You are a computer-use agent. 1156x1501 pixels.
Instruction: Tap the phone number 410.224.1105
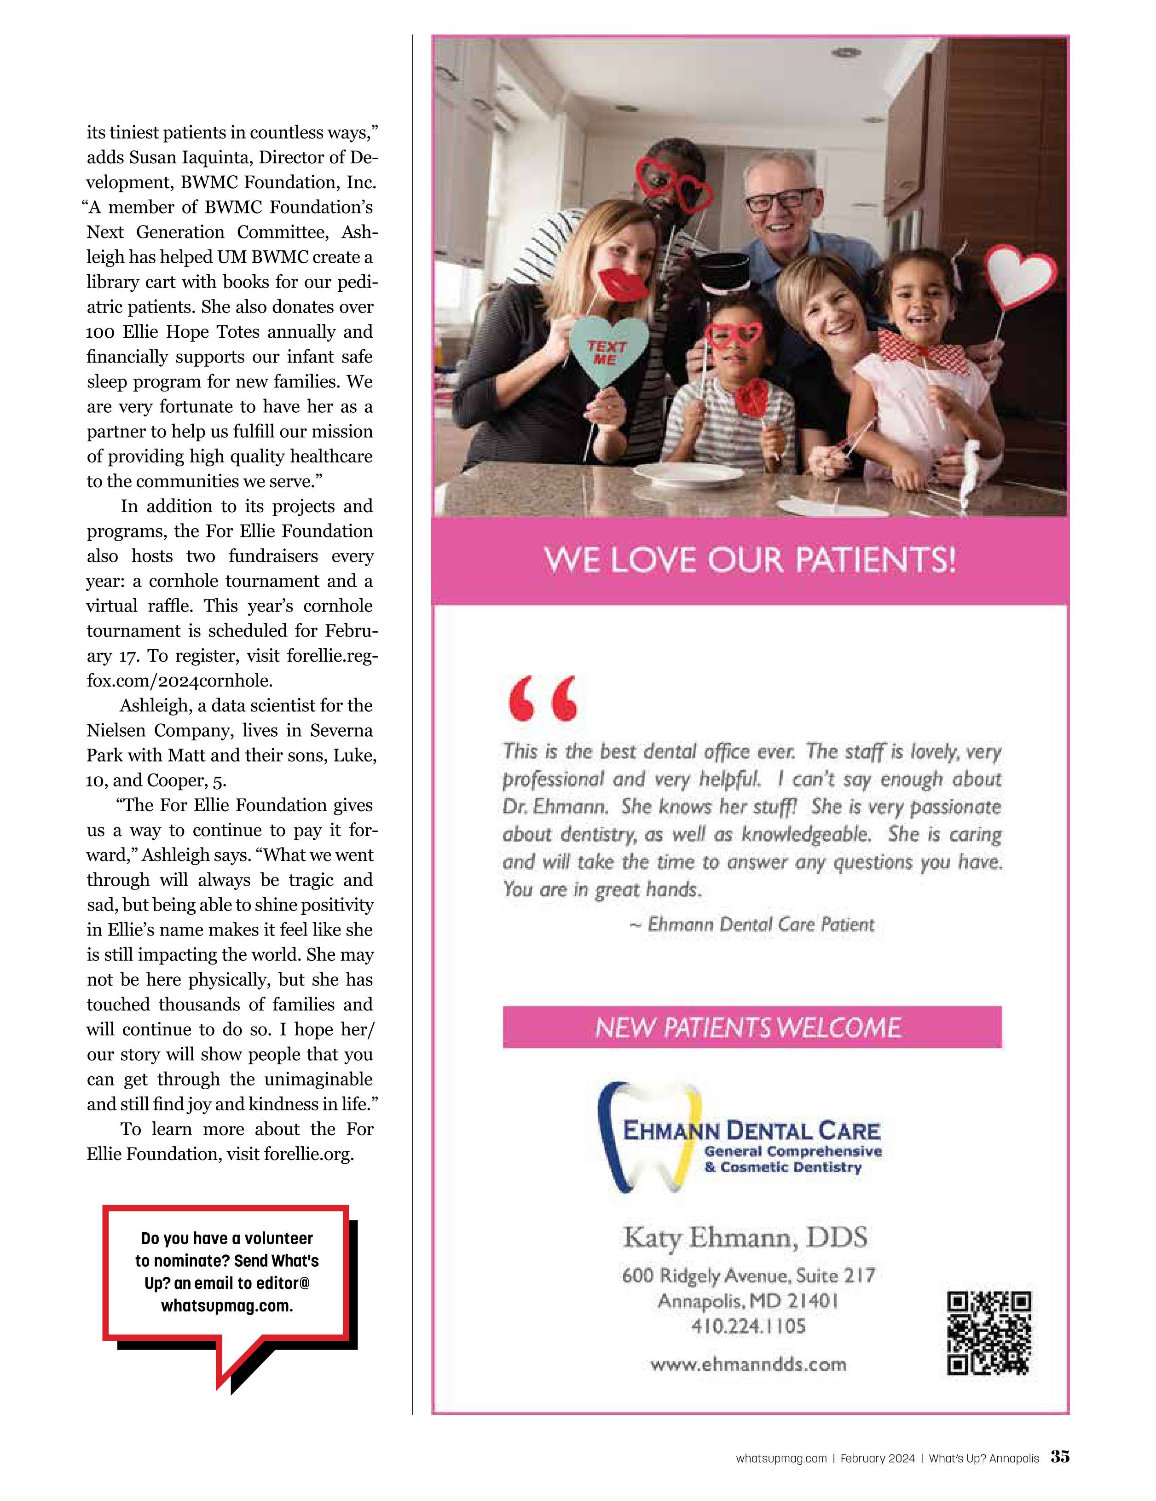click(x=748, y=1326)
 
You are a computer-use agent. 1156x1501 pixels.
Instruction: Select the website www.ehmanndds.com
click(x=748, y=1363)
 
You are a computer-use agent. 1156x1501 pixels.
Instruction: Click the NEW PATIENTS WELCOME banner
click(x=752, y=1027)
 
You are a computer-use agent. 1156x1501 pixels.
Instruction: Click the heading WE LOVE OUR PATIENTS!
click(x=750, y=560)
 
